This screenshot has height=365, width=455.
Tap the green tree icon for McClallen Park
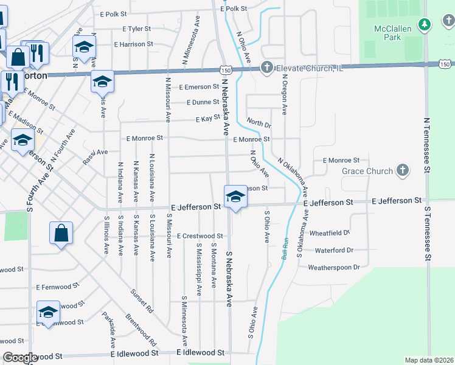point(426,24)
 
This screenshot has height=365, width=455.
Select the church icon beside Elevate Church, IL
point(266,68)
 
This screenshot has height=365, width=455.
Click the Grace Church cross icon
point(401,171)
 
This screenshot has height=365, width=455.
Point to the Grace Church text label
point(367,172)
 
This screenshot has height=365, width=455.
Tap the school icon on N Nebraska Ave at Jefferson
point(234,196)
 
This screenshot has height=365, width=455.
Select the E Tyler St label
point(136,29)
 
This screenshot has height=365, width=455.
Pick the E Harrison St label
point(133,44)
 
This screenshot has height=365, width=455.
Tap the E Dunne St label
point(203,102)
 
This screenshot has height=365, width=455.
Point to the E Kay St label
point(207,119)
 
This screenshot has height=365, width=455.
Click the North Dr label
point(259,123)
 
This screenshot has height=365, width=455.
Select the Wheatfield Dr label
point(330,233)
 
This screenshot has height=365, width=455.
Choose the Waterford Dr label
point(334,250)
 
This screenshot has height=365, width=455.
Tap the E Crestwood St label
point(200,236)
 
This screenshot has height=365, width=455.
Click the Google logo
point(20,358)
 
